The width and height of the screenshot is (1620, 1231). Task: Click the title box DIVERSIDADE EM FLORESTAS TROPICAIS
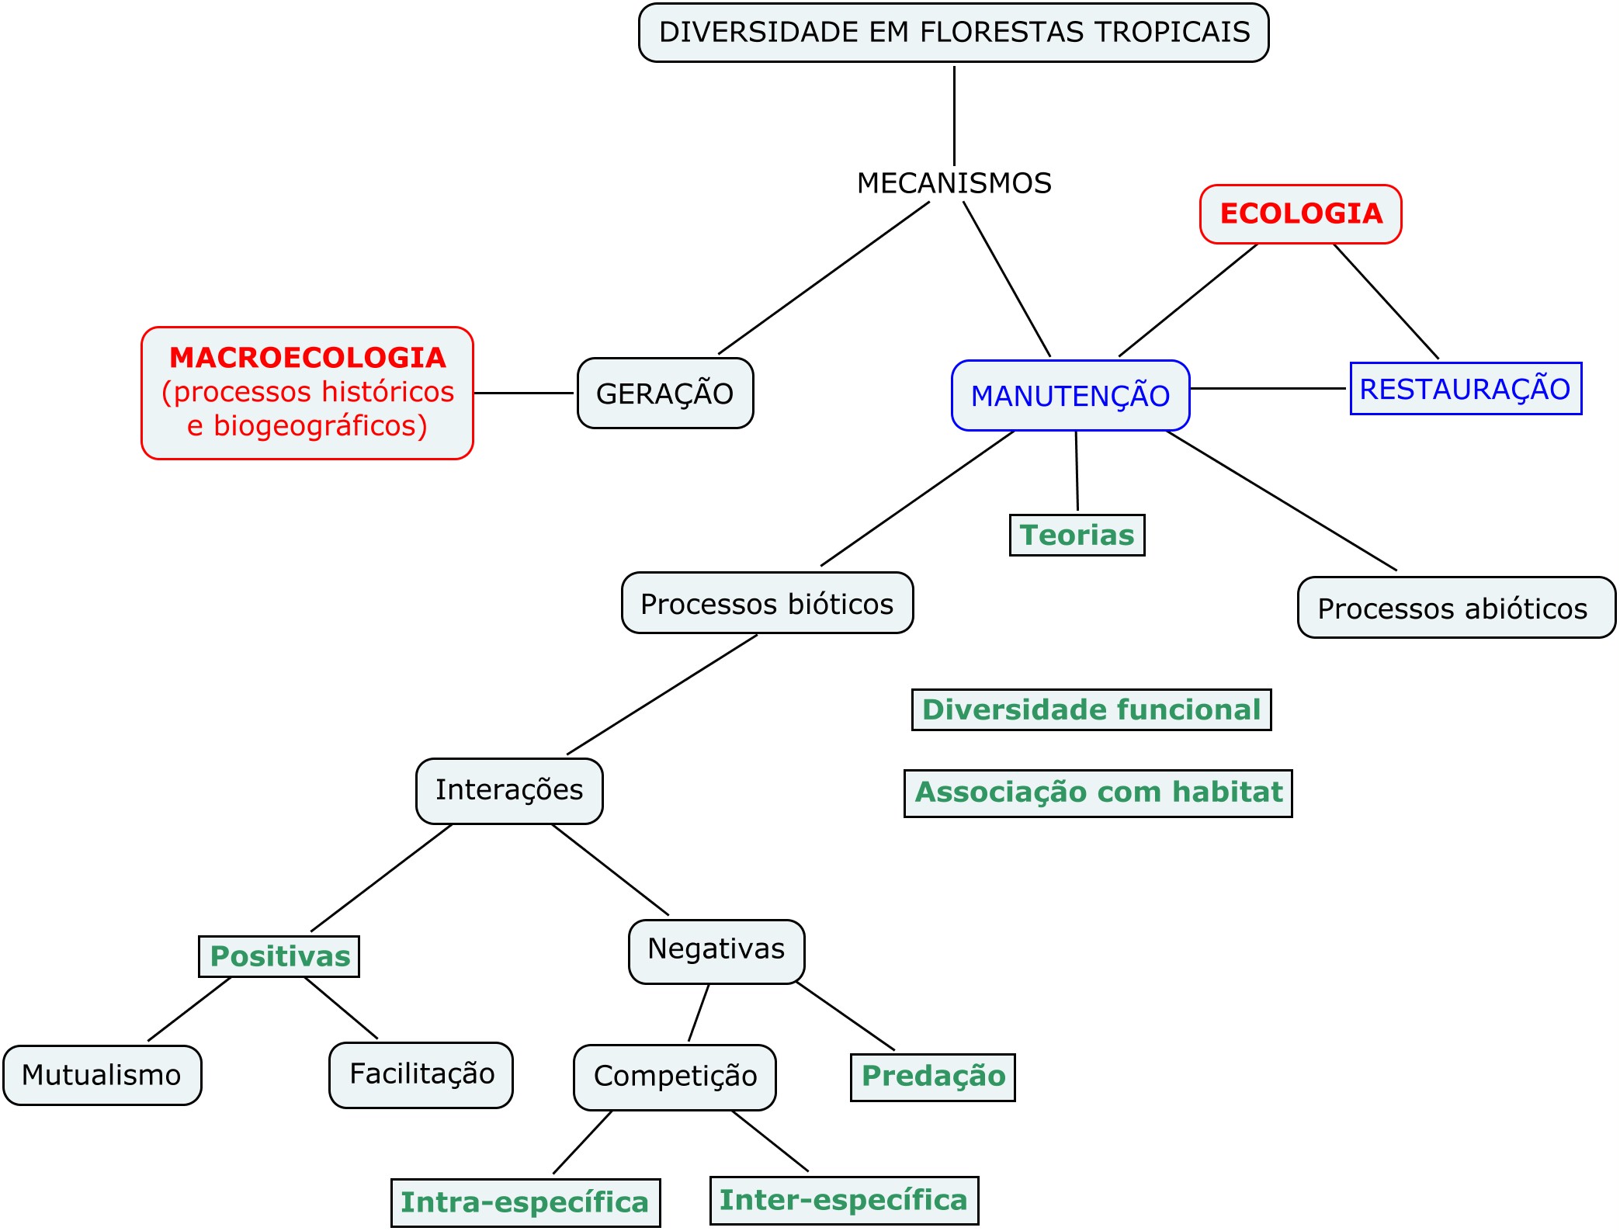pyautogui.click(x=953, y=33)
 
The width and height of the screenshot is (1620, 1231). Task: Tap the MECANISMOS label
pyautogui.click(x=954, y=183)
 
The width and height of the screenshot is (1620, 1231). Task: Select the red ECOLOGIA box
pyautogui.click(x=1301, y=213)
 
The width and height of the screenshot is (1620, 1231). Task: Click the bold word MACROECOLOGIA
pyautogui.click(x=307, y=358)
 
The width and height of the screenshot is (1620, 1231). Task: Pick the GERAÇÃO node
pyautogui.click(x=665, y=394)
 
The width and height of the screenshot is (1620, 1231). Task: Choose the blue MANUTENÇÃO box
pyautogui.click(x=1070, y=396)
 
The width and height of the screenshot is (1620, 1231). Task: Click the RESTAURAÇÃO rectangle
pyautogui.click(x=1466, y=389)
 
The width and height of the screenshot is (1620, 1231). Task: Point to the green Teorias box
pyautogui.click(x=1077, y=536)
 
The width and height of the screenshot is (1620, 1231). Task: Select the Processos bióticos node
pyautogui.click(x=767, y=604)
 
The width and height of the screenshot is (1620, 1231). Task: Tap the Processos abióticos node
pyautogui.click(x=1455, y=608)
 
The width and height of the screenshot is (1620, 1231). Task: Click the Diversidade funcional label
pyautogui.click(x=1091, y=710)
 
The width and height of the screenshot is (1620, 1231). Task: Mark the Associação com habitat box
pyautogui.click(x=1098, y=792)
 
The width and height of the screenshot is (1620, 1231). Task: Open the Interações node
pyautogui.click(x=509, y=791)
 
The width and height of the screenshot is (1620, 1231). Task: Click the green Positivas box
pyautogui.click(x=279, y=956)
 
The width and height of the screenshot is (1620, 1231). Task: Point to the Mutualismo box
pyautogui.click(x=102, y=1075)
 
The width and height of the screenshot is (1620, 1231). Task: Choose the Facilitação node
pyautogui.click(x=421, y=1075)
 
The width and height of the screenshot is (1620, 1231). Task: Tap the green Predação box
pyautogui.click(x=933, y=1077)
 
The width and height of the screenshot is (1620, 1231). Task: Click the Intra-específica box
pyautogui.click(x=526, y=1202)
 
